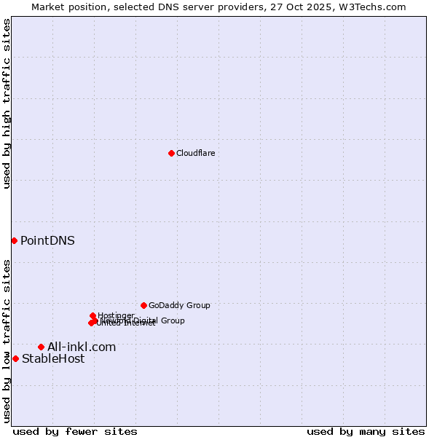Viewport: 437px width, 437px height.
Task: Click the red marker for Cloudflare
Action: point(171,153)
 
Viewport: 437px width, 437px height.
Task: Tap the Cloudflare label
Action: point(195,153)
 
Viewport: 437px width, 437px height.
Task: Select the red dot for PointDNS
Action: point(14,240)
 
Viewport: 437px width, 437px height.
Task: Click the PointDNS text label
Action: point(47,240)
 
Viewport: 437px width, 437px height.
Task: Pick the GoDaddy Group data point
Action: point(143,305)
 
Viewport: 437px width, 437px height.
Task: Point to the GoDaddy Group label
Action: point(179,305)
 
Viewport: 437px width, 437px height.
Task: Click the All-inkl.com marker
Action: point(41,347)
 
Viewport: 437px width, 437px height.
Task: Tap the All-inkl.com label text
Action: point(82,347)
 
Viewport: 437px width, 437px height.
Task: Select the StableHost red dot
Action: point(15,358)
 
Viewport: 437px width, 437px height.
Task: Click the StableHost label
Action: point(53,358)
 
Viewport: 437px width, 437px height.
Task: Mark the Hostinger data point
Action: point(92,315)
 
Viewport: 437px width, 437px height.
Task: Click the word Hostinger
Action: point(117,315)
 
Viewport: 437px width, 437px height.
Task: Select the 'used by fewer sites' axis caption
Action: point(75,431)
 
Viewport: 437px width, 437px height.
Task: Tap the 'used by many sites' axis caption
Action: point(366,431)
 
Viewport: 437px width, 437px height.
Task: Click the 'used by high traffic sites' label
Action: point(7,103)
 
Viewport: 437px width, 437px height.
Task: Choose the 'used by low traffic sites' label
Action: point(7,341)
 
